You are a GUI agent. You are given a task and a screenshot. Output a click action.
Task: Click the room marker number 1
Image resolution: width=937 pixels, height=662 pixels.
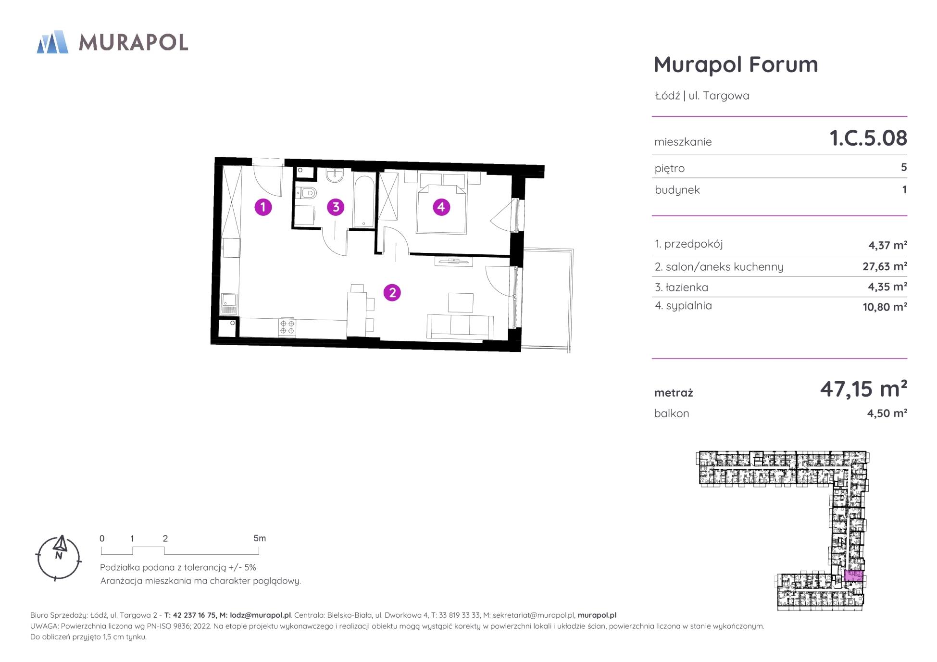click(x=263, y=207)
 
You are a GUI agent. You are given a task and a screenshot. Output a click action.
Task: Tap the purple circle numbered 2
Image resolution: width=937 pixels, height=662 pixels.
click(x=392, y=292)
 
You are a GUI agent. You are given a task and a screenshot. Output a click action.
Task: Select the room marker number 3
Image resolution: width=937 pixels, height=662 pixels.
click(x=336, y=207)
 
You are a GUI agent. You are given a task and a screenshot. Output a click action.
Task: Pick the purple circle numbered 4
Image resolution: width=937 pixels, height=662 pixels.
click(x=441, y=207)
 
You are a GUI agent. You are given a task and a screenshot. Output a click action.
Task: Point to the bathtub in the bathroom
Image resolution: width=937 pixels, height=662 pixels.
click(x=363, y=201)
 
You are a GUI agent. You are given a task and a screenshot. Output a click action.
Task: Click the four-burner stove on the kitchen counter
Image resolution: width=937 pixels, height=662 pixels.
click(x=287, y=327)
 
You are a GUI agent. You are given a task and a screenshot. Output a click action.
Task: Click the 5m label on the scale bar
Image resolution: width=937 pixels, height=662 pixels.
click(x=260, y=538)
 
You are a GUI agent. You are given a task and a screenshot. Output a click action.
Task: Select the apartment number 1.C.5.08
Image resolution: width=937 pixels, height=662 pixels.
click(x=868, y=138)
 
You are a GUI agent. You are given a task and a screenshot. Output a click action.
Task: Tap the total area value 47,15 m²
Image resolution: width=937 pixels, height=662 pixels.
click(x=863, y=388)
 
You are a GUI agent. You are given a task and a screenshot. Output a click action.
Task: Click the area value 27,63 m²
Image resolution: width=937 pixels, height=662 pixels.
click(x=885, y=266)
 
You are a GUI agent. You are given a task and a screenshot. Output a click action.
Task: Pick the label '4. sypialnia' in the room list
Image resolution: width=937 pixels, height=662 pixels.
click(x=683, y=306)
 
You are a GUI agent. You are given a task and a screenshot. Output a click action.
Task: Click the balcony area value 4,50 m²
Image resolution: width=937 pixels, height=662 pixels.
click(x=887, y=413)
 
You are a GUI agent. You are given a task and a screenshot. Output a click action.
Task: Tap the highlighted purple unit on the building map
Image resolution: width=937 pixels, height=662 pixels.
click(x=854, y=575)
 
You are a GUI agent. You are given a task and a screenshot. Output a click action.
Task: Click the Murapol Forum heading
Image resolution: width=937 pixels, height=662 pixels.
click(x=736, y=64)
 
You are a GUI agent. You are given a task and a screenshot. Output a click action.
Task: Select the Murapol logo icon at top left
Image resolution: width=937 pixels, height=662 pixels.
click(x=52, y=42)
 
